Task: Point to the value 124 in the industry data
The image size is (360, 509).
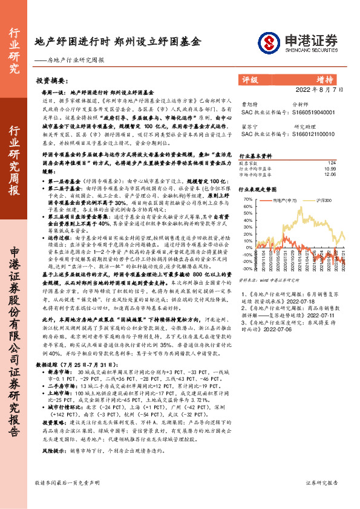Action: click(x=331, y=163)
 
